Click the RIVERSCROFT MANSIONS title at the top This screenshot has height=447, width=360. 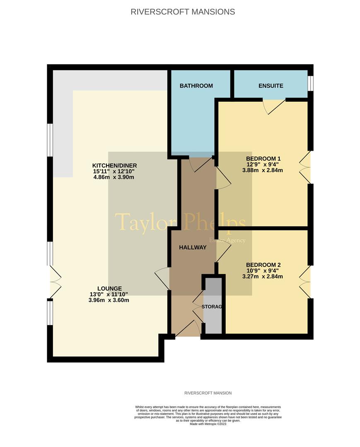pos(183,12)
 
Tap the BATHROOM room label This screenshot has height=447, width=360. pos(196,86)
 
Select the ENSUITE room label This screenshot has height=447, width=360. pos(271,86)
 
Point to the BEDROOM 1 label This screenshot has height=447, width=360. pos(263,159)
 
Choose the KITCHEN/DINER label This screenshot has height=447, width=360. pos(114,166)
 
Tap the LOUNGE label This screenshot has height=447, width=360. pos(109,288)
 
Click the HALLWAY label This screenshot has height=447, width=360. pos(193,248)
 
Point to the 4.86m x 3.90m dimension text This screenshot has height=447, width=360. pos(114,177)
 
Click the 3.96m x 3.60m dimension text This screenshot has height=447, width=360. pos(109,300)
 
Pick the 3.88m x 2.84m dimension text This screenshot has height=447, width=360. pos(263,170)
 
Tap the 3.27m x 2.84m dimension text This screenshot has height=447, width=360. pos(263,276)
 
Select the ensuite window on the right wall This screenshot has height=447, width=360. pos(310,83)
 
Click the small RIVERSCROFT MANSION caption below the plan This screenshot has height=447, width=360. pos(208,393)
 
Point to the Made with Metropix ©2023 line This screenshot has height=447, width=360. pos(208,424)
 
